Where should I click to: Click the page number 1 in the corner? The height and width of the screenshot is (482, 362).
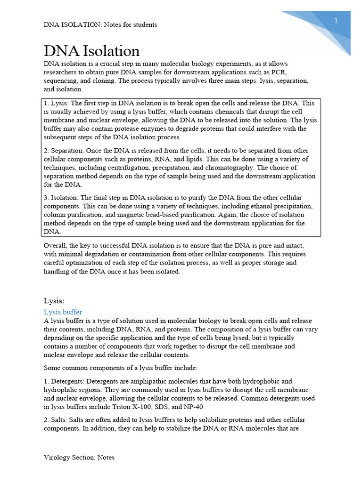[x=336, y=20]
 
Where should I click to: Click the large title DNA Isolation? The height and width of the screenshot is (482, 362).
[x=91, y=51]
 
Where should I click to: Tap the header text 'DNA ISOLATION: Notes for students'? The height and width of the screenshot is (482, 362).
[x=100, y=24]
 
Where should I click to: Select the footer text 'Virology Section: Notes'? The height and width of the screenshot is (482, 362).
[x=79, y=457]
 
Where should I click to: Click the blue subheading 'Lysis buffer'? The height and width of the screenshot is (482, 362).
[x=63, y=312]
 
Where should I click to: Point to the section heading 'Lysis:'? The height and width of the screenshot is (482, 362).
[x=54, y=301]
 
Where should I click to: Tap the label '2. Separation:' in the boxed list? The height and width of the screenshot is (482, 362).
[x=65, y=151]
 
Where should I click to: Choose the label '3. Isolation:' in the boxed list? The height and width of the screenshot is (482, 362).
[x=62, y=198]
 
